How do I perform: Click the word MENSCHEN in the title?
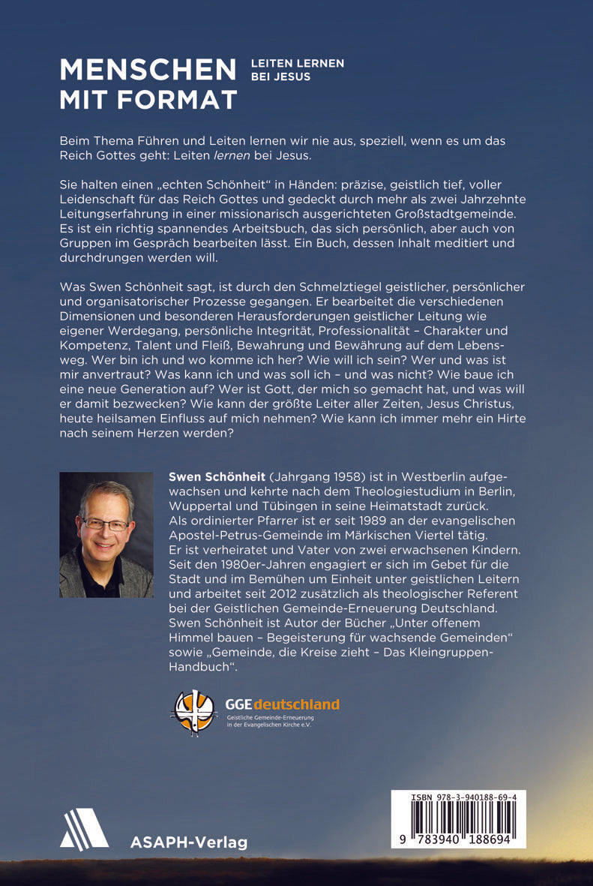click(148, 71)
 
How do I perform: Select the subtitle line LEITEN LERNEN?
click(298, 64)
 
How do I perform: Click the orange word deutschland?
click(296, 704)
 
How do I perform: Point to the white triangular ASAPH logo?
click(84, 829)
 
